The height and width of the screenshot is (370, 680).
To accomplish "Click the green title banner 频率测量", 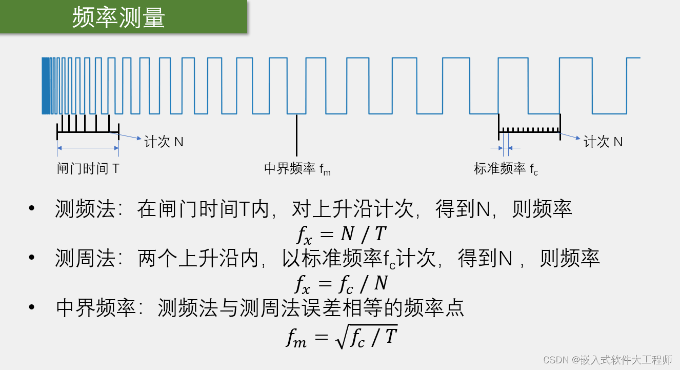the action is point(119,18).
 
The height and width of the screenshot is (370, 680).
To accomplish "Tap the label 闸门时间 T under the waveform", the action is point(88,168).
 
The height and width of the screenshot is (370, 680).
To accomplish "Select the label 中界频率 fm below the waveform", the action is point(297,169).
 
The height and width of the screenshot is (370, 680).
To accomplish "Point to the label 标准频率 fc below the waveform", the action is point(506,169).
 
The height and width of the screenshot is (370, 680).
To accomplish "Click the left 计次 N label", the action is point(164,142).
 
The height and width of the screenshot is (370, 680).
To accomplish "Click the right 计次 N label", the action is point(603,142).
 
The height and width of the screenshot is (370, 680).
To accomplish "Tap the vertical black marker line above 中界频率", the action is point(296,134).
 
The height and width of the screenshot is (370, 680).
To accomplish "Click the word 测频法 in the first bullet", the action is point(85,209).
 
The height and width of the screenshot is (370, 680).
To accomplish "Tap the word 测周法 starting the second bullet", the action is point(85,259).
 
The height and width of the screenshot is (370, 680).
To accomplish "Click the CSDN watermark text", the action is point(608,360).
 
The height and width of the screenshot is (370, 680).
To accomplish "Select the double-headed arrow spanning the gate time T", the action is point(88,148).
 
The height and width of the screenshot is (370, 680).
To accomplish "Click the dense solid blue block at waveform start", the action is point(47,86).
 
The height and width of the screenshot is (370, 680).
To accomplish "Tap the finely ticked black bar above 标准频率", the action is point(529,131).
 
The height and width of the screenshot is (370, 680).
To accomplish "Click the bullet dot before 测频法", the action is point(32,209).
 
